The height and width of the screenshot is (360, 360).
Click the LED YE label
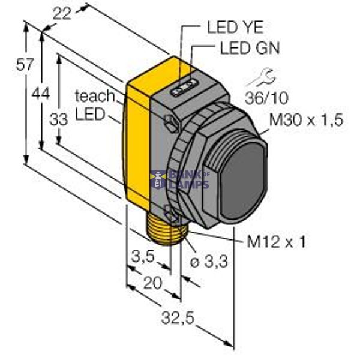235,26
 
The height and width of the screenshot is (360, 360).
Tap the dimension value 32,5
180,318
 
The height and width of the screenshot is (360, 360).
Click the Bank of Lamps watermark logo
180,179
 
